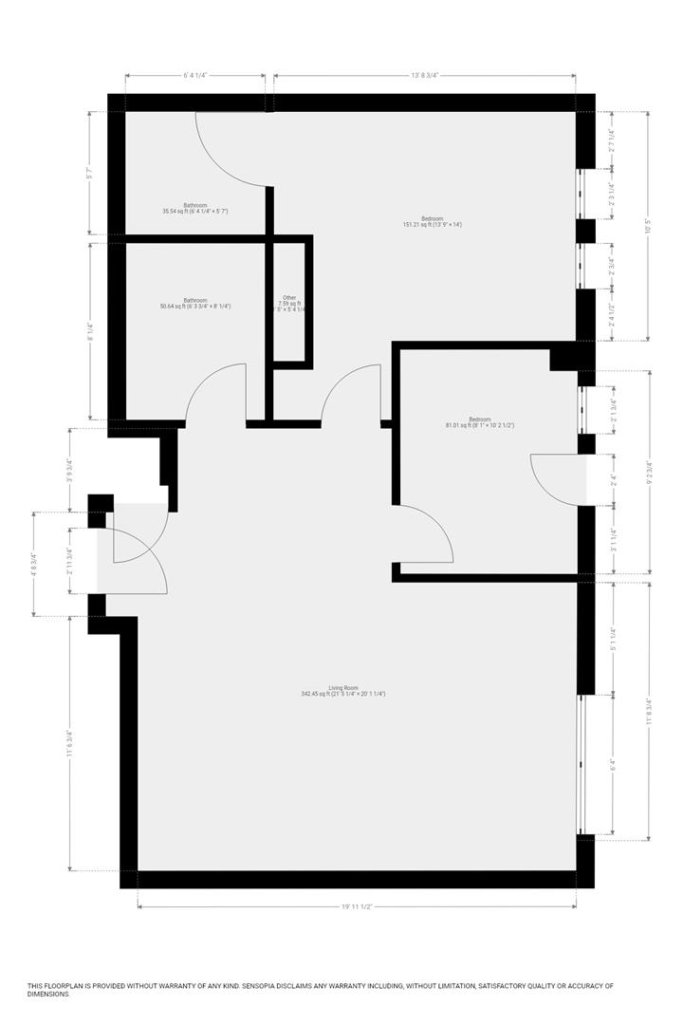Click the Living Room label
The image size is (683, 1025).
point(342,690)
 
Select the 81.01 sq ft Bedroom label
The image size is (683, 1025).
point(479,422)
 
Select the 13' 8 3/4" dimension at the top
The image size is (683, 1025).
point(424,75)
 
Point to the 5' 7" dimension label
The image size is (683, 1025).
point(89,174)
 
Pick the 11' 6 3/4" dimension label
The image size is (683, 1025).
point(70,743)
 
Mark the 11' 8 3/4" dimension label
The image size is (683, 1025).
point(649,711)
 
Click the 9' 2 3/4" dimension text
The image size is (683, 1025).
point(649,472)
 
